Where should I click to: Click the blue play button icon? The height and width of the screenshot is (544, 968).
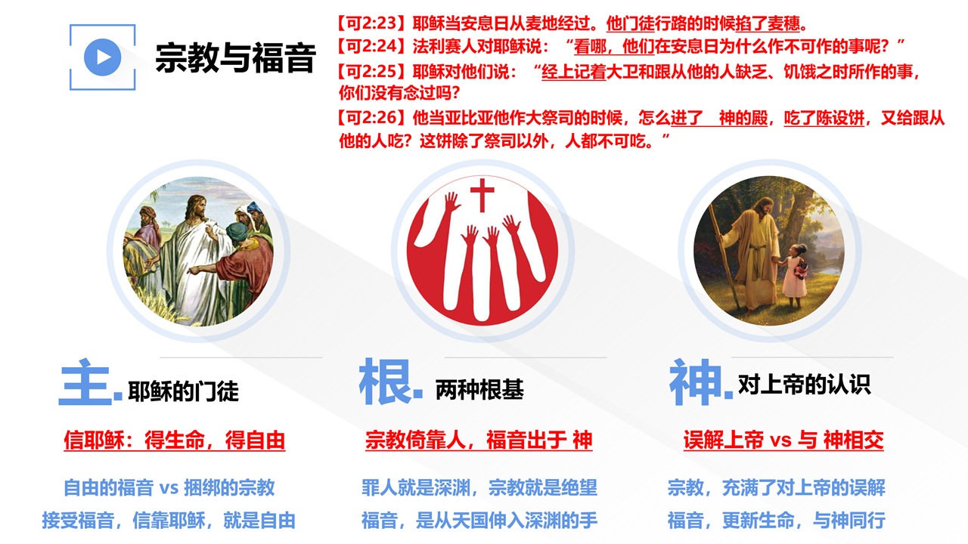point(102,57)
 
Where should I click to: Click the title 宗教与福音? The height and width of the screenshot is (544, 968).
point(236,58)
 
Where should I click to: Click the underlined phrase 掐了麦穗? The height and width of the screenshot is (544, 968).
point(768,23)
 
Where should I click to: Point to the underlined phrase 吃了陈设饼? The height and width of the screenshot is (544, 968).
point(824,117)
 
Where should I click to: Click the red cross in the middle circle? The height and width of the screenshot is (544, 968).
point(482,195)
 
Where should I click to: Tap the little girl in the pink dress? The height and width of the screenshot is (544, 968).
point(794,276)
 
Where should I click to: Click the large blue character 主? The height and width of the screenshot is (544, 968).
point(85,382)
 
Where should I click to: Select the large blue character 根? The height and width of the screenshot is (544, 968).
point(386,382)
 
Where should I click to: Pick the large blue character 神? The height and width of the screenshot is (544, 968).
point(696,382)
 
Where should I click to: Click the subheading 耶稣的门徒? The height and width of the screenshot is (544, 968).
point(183,391)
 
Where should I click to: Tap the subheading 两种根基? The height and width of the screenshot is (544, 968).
point(479,389)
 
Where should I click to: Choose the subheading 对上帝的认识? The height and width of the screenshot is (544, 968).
point(804,385)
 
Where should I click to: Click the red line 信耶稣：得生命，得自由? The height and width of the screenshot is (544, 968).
point(175,440)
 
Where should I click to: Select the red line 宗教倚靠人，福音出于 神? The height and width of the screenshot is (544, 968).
point(479,440)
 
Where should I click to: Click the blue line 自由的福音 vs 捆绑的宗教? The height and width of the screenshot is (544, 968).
point(169,488)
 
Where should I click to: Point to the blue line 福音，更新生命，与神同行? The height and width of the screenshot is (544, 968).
point(777,521)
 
